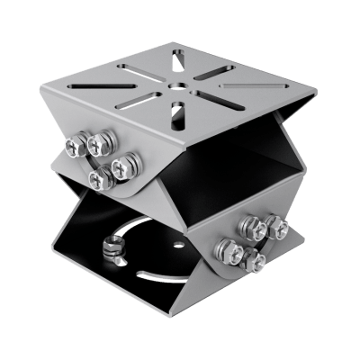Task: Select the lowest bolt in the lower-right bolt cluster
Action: pyautogui.click(x=255, y=262)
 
